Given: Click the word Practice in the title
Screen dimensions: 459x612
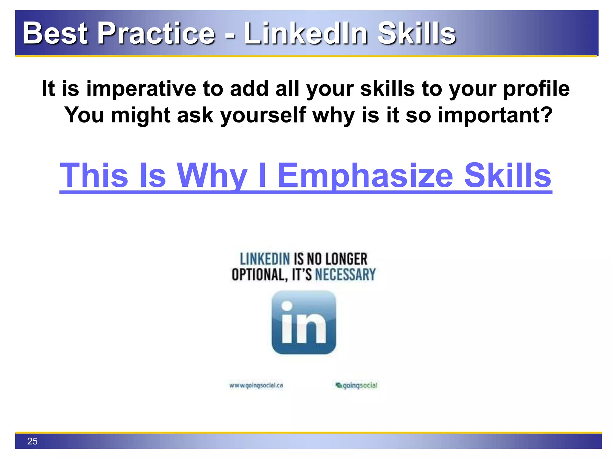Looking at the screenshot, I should tap(156, 33).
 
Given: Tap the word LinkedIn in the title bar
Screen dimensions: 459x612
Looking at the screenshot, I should tap(305, 33).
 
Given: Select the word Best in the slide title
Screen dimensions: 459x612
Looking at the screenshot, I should tap(55, 33).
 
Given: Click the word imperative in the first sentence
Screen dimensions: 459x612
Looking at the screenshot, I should tap(141, 89).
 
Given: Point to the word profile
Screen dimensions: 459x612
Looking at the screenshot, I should tap(536, 89).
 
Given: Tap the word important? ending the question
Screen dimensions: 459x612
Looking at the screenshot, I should tap(495, 115).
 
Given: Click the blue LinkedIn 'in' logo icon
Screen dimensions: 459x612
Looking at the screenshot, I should tap(304, 322).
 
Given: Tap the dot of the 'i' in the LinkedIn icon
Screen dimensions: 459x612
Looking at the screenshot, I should tap(287, 306).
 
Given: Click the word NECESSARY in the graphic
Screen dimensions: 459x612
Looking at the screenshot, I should tap(345, 275).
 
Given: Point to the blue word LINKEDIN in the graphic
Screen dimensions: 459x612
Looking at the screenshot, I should tap(265, 259).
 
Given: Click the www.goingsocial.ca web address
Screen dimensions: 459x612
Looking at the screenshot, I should tap(256, 385).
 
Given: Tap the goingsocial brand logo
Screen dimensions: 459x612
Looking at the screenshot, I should tap(357, 385).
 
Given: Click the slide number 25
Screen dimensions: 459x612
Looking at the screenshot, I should tap(32, 441).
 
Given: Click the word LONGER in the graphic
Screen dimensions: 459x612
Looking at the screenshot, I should tap(346, 259).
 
